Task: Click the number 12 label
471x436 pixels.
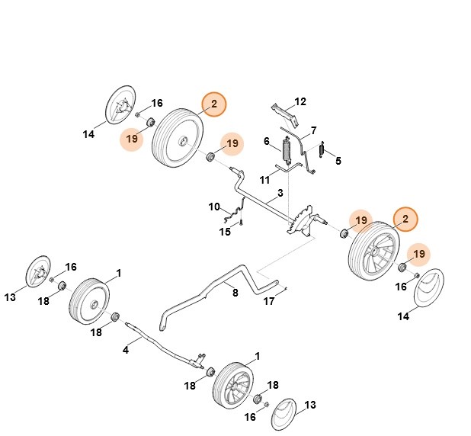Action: (x=300, y=101)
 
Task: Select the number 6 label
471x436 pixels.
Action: (x=267, y=142)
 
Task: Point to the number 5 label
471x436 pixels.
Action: (x=338, y=161)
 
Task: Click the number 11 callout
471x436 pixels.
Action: (x=264, y=180)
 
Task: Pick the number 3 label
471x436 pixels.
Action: (x=280, y=194)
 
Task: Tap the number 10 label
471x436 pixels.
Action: (x=214, y=207)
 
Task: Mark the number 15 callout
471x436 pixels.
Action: (x=225, y=232)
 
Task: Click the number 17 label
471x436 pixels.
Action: (x=269, y=302)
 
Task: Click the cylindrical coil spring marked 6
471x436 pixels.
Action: (x=287, y=151)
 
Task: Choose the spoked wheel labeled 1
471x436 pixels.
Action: (x=232, y=387)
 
